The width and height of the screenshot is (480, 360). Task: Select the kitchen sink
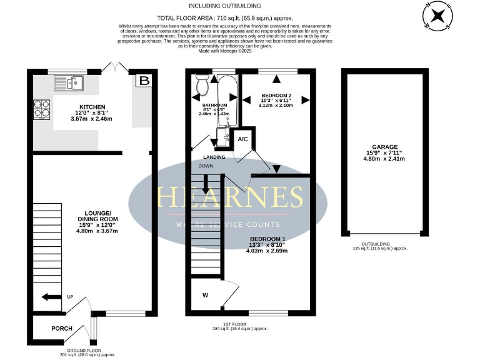click(x=69, y=82)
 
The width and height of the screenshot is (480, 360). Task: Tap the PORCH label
click(x=62, y=328)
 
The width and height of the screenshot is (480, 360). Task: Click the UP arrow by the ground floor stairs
click(x=52, y=297)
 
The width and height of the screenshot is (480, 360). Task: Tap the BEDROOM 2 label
click(x=275, y=97)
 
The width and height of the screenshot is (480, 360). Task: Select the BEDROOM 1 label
click(x=267, y=239)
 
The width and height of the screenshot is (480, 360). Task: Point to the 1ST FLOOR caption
click(x=239, y=324)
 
